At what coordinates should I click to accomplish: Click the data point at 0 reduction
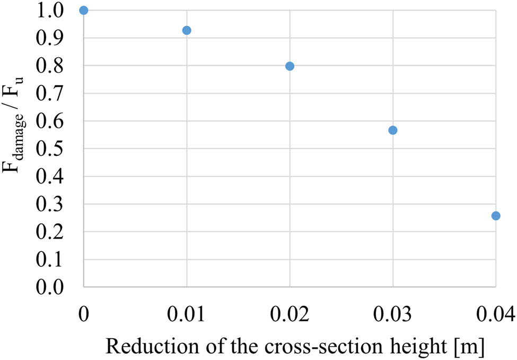(x=83, y=11)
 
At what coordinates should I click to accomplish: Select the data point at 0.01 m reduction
(x=187, y=30)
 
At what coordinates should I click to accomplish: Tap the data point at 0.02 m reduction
(x=290, y=66)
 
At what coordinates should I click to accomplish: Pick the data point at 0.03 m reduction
(x=393, y=130)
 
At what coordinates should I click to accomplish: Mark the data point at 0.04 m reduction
(x=496, y=216)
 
